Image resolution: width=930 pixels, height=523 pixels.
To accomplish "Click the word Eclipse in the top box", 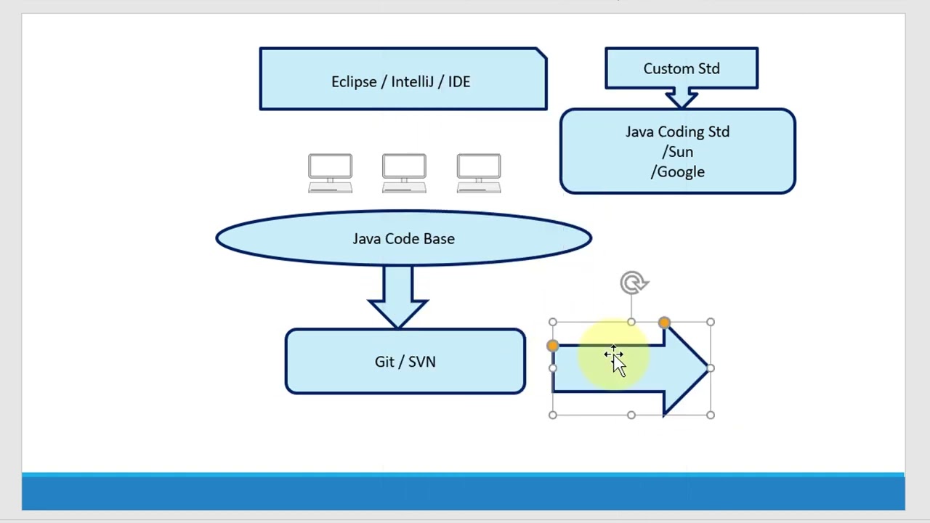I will [354, 82].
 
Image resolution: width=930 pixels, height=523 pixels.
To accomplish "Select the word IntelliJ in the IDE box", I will [414, 82].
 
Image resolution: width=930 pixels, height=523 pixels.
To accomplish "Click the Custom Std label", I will [681, 69].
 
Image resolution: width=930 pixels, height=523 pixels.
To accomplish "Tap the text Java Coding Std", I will [677, 132].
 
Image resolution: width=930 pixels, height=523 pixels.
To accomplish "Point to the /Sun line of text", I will [677, 152].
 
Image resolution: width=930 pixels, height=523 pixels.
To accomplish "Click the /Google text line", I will [677, 172].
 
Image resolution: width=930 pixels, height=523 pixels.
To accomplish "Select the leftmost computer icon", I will [330, 173].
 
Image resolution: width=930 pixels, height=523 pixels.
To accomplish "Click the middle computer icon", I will [404, 173].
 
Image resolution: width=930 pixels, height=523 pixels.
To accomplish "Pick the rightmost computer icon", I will [478, 173].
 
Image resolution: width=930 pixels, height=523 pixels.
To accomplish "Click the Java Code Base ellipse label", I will [403, 239].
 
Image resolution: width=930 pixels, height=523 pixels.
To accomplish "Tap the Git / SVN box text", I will [405, 362].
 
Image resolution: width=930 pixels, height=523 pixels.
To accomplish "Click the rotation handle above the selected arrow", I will [634, 283].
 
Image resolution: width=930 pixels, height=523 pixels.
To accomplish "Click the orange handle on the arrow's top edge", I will [664, 323].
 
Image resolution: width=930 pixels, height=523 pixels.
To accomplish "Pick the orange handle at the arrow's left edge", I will [553, 346].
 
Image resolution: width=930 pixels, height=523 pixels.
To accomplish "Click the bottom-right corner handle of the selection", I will [710, 415].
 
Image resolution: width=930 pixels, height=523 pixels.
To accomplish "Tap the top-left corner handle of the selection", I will [553, 323].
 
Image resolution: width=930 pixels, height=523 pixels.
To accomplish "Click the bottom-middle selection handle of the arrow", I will [631, 415].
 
